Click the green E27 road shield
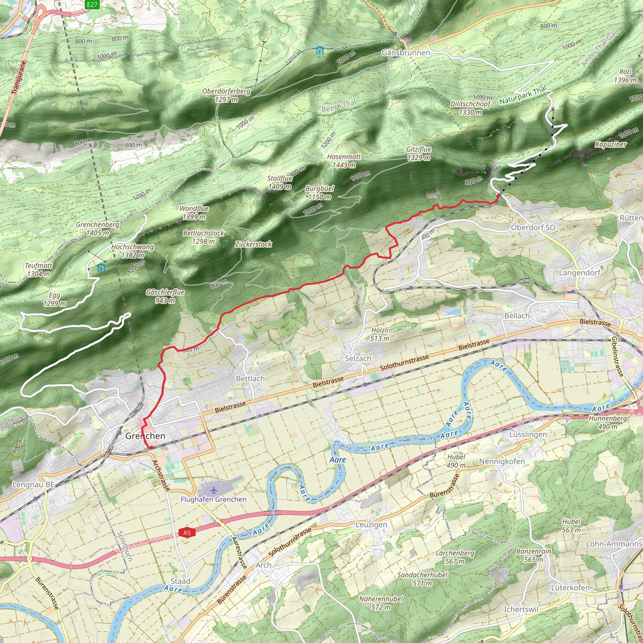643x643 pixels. (x=92, y=4)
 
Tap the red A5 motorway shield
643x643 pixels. (x=187, y=533)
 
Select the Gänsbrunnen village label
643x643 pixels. (x=406, y=52)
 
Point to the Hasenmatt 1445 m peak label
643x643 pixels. (x=344, y=161)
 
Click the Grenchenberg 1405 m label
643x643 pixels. (x=97, y=229)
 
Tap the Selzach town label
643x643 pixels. (x=358, y=359)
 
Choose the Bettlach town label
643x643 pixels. (x=250, y=378)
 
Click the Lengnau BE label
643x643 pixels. (x=33, y=484)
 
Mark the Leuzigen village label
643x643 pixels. (x=371, y=525)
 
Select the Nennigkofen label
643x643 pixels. (x=502, y=461)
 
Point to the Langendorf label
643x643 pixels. (x=580, y=273)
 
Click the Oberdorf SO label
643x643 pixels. (x=533, y=227)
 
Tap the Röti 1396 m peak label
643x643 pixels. (x=625, y=76)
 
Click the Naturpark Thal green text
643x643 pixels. (x=523, y=95)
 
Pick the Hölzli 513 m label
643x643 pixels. (x=380, y=334)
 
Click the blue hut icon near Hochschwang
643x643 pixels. (x=101, y=267)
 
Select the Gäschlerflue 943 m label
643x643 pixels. (x=165, y=296)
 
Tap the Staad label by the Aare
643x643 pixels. (x=181, y=581)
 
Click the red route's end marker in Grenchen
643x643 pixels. (x=151, y=448)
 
